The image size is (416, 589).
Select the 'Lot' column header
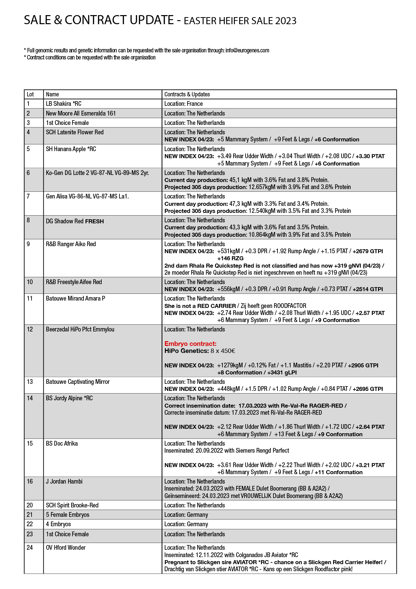(30, 94)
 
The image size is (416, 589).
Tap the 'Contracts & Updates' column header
(187, 94)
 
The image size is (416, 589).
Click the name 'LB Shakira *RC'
(63, 104)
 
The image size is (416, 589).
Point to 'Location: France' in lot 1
(184, 104)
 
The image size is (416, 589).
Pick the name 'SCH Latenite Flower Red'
(75, 132)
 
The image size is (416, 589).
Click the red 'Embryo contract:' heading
(190, 344)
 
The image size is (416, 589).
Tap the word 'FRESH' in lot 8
(95, 221)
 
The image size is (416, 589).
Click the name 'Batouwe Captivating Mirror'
(78, 382)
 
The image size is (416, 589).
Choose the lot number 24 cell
(30, 548)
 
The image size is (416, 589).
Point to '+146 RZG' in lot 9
(230, 258)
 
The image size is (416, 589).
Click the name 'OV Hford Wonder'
(66, 548)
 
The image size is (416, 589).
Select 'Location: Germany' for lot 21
(186, 515)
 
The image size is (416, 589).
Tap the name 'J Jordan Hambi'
(64, 482)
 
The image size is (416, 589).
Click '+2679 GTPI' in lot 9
(368, 251)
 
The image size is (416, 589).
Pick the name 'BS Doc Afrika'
(62, 444)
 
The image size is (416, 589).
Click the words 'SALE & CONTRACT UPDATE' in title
(99, 20)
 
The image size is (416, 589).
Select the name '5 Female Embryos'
(67, 515)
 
